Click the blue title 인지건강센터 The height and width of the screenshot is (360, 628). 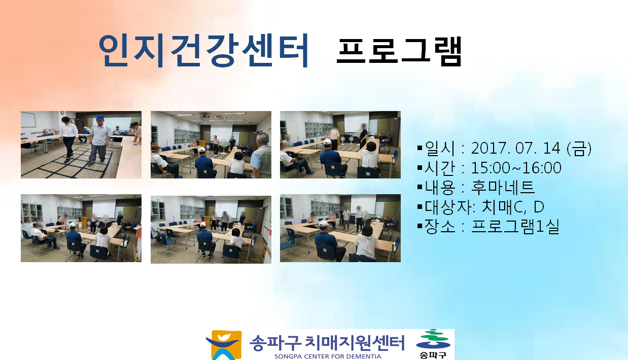tap(203, 50)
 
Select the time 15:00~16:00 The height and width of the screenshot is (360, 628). tap(516, 168)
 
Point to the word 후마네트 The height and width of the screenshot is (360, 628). tap(503, 188)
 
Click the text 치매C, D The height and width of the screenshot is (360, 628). tap(513, 207)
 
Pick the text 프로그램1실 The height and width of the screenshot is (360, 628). tap(515, 226)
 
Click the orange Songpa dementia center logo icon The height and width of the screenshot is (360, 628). tap(224, 345)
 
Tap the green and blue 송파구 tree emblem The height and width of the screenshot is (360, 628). tap(433, 344)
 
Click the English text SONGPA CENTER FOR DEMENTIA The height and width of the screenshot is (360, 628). tap(328, 356)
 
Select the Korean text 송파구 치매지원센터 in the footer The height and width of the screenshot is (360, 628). tap(327, 343)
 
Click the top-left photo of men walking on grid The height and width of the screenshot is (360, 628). tap(81, 145)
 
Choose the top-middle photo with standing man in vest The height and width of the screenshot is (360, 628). tap(211, 145)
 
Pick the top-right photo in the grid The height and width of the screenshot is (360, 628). tap(340, 145)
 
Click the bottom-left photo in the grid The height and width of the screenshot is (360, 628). tap(81, 228)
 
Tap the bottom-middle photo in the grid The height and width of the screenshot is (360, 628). tap(211, 230)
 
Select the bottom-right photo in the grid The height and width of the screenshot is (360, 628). tap(340, 228)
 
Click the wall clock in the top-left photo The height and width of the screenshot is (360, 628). tap(62, 113)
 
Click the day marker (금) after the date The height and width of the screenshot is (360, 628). tap(579, 149)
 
